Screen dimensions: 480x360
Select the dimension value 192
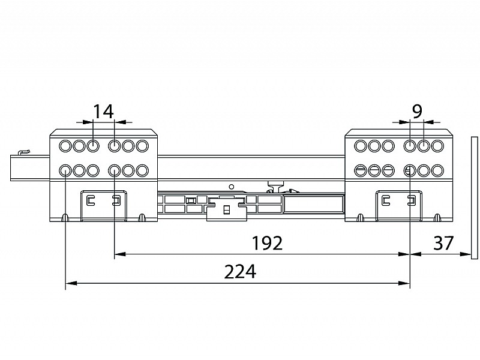click(267, 243)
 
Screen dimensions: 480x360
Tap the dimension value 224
click(240, 272)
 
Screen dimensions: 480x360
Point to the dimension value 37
click(443, 243)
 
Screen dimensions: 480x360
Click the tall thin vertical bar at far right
click(475, 198)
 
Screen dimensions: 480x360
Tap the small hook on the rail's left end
click(24, 152)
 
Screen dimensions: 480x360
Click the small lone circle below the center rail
click(232, 187)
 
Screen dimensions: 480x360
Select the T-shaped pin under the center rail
click(275, 186)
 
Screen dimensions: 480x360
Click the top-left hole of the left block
click(65, 146)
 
